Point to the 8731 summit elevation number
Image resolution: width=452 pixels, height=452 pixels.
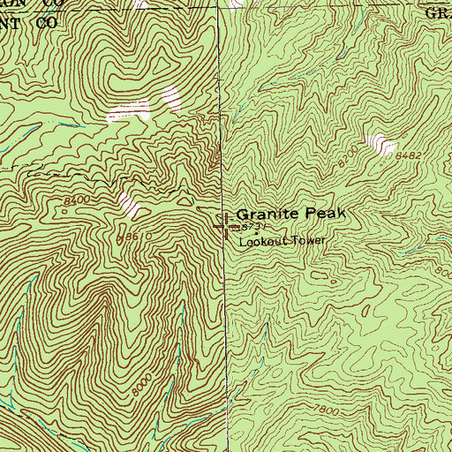tap(252, 228)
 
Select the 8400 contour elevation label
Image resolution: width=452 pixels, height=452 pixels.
tap(78, 202)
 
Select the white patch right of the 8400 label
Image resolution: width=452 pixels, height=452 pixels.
tap(130, 205)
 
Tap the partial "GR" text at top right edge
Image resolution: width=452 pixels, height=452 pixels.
tap(439, 13)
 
